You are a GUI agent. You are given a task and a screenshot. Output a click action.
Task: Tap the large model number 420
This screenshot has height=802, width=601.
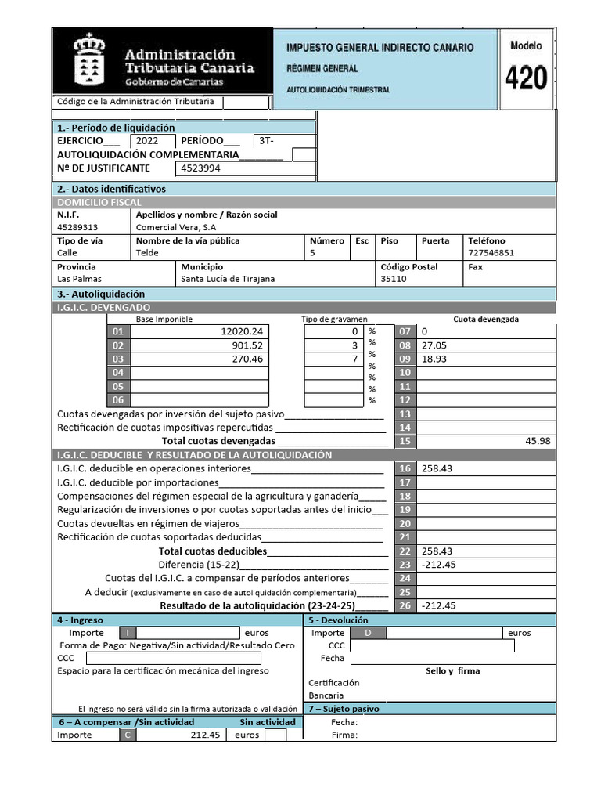[x=525, y=78]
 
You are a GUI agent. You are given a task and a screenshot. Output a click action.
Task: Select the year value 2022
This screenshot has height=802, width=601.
[x=147, y=141]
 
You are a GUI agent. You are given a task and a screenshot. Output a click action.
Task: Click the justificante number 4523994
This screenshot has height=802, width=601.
[x=200, y=168]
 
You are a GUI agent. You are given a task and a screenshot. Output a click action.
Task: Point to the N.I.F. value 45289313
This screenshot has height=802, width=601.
[x=78, y=228]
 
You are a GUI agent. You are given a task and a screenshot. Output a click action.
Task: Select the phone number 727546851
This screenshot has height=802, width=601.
[x=491, y=253]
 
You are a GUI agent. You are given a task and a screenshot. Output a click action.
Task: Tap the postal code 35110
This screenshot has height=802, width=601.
[x=394, y=279]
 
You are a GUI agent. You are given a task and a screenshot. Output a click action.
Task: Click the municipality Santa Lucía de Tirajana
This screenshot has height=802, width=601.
[x=228, y=279]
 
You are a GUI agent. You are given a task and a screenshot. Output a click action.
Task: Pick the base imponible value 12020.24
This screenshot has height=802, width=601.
[x=245, y=331]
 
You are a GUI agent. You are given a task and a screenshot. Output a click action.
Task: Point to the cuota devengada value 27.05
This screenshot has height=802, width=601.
[x=432, y=345]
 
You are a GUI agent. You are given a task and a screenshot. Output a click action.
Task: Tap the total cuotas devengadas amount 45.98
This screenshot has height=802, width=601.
[x=538, y=441]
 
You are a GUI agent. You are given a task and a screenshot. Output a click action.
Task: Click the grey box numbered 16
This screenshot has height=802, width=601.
[x=405, y=468]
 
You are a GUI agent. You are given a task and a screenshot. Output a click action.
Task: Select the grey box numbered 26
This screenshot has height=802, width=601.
[x=405, y=605]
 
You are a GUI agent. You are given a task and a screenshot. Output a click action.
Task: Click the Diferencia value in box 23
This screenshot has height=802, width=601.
[x=438, y=564]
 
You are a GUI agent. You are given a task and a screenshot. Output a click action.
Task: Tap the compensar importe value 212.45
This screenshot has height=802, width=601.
[x=205, y=735]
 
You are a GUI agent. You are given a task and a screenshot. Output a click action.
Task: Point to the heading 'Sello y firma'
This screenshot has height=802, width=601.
[x=453, y=670]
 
